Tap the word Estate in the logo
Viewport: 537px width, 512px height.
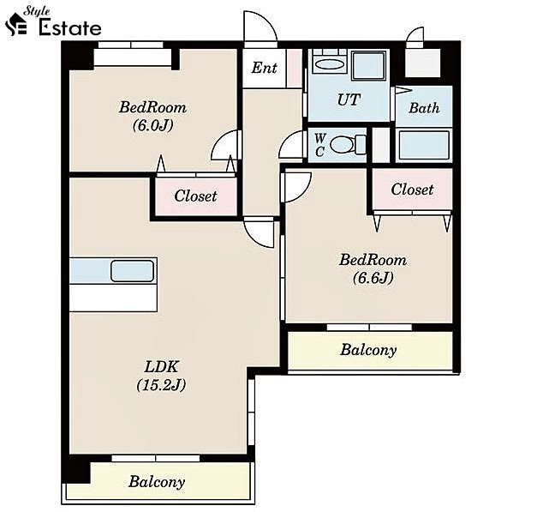point(70,27)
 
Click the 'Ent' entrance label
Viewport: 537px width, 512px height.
point(264,68)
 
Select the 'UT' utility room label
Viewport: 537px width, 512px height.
point(349,99)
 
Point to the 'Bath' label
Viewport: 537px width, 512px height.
point(424,108)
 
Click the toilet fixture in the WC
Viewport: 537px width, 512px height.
point(348,144)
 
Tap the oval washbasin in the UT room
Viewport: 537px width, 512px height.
point(329,64)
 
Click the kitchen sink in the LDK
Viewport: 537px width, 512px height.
point(132,271)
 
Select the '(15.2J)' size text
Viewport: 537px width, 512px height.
point(161,385)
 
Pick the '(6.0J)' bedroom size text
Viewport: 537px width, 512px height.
point(152,125)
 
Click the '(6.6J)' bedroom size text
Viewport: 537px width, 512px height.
point(373,277)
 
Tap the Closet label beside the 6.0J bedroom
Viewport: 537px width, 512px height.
point(195,196)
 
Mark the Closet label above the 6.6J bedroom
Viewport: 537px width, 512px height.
point(412,190)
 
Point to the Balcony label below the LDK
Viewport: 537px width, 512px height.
point(157,482)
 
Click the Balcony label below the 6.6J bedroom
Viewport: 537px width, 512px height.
point(368,350)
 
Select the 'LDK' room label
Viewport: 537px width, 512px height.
point(161,367)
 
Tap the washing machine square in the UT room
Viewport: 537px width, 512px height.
point(369,65)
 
